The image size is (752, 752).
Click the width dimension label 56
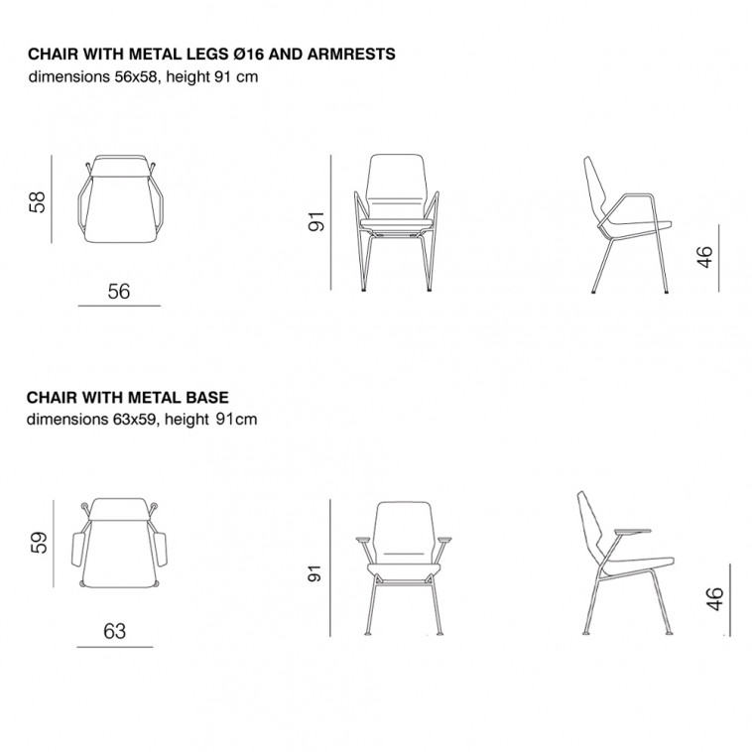click(x=118, y=292)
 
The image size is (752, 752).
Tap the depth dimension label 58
click(x=38, y=202)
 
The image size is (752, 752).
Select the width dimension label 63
click(x=115, y=631)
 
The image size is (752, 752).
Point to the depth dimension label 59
click(x=39, y=543)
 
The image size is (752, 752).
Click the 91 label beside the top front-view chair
click(x=316, y=221)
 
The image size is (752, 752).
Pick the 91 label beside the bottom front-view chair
click(x=314, y=573)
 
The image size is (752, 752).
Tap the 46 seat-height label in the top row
click(x=704, y=257)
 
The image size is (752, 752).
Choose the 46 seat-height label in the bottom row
click(x=714, y=599)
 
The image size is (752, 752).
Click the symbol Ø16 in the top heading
click(x=248, y=54)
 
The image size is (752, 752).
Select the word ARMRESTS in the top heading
click(x=351, y=54)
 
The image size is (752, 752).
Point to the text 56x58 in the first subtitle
click(x=136, y=76)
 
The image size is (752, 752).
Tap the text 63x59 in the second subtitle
click(x=134, y=420)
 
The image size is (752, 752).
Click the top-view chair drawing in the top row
click(x=120, y=198)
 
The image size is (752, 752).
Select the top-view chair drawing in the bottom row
click(x=119, y=543)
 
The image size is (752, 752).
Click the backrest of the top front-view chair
click(x=396, y=188)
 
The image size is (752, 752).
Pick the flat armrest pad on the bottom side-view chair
click(x=632, y=532)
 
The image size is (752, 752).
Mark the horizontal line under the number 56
click(x=119, y=306)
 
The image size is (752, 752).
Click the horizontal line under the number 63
click(x=115, y=647)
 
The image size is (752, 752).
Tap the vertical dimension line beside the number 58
click(x=52, y=199)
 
